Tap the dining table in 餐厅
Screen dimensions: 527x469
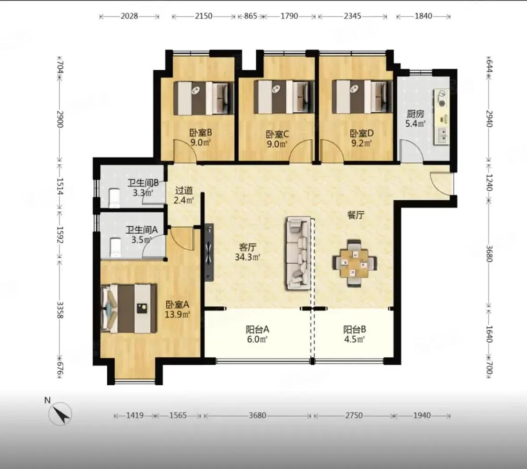click(355, 263)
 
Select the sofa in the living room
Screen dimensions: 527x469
click(298, 253)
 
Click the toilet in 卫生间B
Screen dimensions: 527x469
click(114, 198)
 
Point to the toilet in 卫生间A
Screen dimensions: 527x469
click(115, 247)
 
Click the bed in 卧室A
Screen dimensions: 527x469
click(129, 309)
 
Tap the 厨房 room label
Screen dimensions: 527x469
click(416, 114)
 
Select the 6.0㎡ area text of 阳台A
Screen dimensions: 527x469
click(257, 339)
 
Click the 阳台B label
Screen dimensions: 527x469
click(355, 330)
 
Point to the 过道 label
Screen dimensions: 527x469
click(184, 191)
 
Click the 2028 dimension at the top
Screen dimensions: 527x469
click(129, 16)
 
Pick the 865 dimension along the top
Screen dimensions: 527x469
click(250, 16)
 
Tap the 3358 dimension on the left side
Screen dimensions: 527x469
click(60, 310)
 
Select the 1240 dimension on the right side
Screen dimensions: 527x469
click(489, 183)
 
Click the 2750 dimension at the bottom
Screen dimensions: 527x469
click(354, 416)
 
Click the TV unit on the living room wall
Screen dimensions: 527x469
click(209, 252)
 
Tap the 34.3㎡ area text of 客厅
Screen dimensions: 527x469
click(248, 257)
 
